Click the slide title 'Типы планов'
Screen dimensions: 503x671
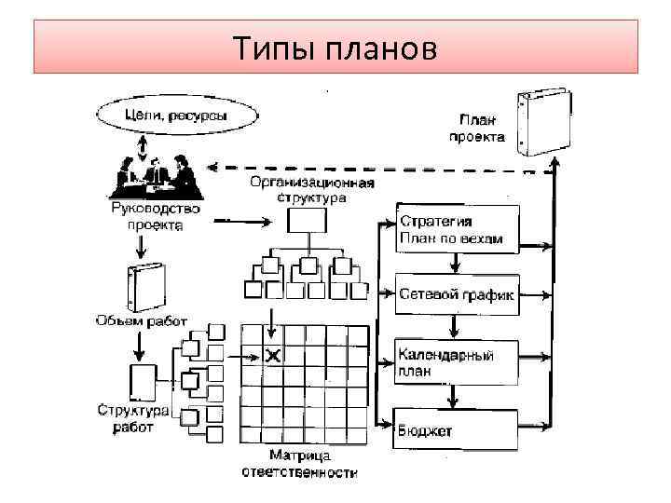335,47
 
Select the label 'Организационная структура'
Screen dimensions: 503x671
312,189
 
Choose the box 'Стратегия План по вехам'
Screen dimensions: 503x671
455,230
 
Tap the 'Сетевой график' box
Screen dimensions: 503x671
455,293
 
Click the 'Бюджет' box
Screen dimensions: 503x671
455,429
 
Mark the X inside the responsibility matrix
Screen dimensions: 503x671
273,355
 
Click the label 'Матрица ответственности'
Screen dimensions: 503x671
299,464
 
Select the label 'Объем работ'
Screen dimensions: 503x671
141,321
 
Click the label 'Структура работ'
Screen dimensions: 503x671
133,418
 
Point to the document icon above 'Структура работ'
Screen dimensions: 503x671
141,381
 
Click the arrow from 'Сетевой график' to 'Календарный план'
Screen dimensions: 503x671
453,327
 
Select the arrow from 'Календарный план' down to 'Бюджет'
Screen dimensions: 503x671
453,397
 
